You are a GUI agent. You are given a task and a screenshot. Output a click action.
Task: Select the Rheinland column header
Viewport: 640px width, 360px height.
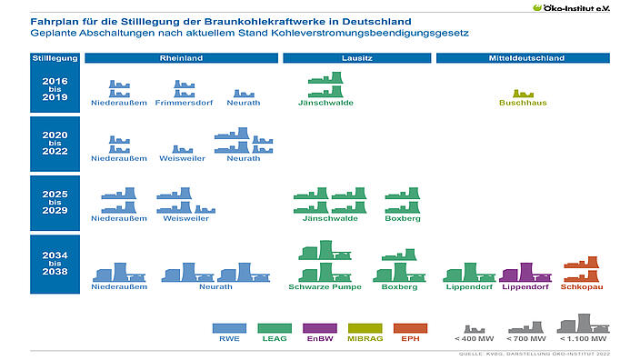point(182,58)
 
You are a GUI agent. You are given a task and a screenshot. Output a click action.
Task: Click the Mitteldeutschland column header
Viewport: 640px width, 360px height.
point(523,58)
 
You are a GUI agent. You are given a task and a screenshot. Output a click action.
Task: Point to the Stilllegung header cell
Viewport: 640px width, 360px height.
point(55,58)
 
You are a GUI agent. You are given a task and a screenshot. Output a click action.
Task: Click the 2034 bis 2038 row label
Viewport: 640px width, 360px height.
point(55,264)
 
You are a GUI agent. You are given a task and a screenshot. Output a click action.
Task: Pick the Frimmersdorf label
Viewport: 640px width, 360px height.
point(183,103)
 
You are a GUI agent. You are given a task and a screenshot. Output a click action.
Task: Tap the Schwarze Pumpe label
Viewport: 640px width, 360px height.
point(325,286)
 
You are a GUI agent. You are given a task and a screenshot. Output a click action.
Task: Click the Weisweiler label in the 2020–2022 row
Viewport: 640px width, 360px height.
point(182,158)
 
